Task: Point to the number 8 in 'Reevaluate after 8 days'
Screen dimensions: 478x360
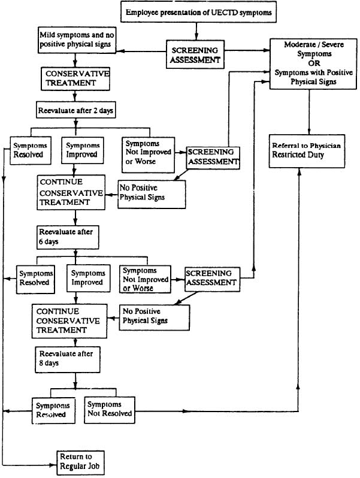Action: tap(41, 363)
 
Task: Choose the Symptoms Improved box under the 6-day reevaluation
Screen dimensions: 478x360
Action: tap(85, 278)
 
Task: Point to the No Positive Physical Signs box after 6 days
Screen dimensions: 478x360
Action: tap(155, 316)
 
